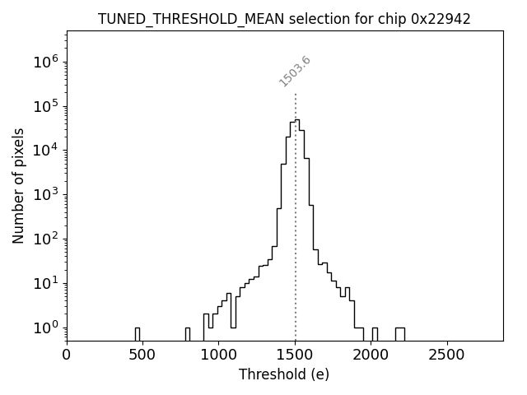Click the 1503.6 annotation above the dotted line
[295, 71]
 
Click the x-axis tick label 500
[142, 354]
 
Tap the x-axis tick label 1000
[219, 354]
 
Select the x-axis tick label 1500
[295, 354]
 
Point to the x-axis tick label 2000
[371, 354]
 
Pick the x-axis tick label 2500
[447, 354]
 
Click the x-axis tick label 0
[67, 354]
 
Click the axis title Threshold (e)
[284, 374]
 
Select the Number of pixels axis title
[19, 185]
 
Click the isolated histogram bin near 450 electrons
[138, 333]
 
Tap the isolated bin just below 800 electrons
[187, 333]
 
